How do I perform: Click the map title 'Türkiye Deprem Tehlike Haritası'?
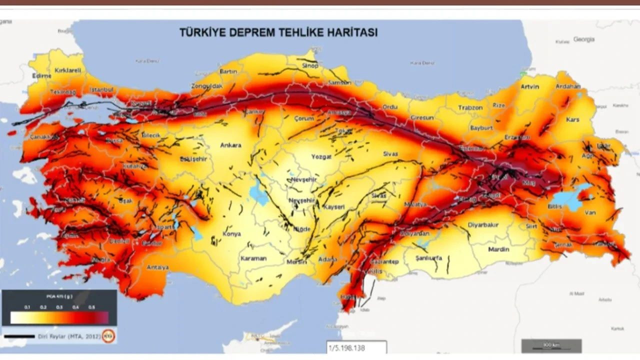[278, 33]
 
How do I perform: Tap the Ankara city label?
[230, 145]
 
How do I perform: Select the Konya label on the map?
[231, 234]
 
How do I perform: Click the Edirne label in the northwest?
[41, 76]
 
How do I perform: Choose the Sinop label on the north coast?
[310, 65]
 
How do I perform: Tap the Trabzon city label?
[471, 107]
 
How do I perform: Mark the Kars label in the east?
[572, 120]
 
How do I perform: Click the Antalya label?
[157, 267]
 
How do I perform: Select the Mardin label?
[498, 249]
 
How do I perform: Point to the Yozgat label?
[321, 156]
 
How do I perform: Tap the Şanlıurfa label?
[429, 258]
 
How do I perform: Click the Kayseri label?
[334, 206]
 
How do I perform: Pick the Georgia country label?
[584, 39]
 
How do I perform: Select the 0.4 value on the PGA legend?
[75, 307]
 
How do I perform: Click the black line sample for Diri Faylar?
[19, 336]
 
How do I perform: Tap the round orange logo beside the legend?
[108, 336]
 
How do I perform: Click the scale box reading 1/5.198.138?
[356, 346]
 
